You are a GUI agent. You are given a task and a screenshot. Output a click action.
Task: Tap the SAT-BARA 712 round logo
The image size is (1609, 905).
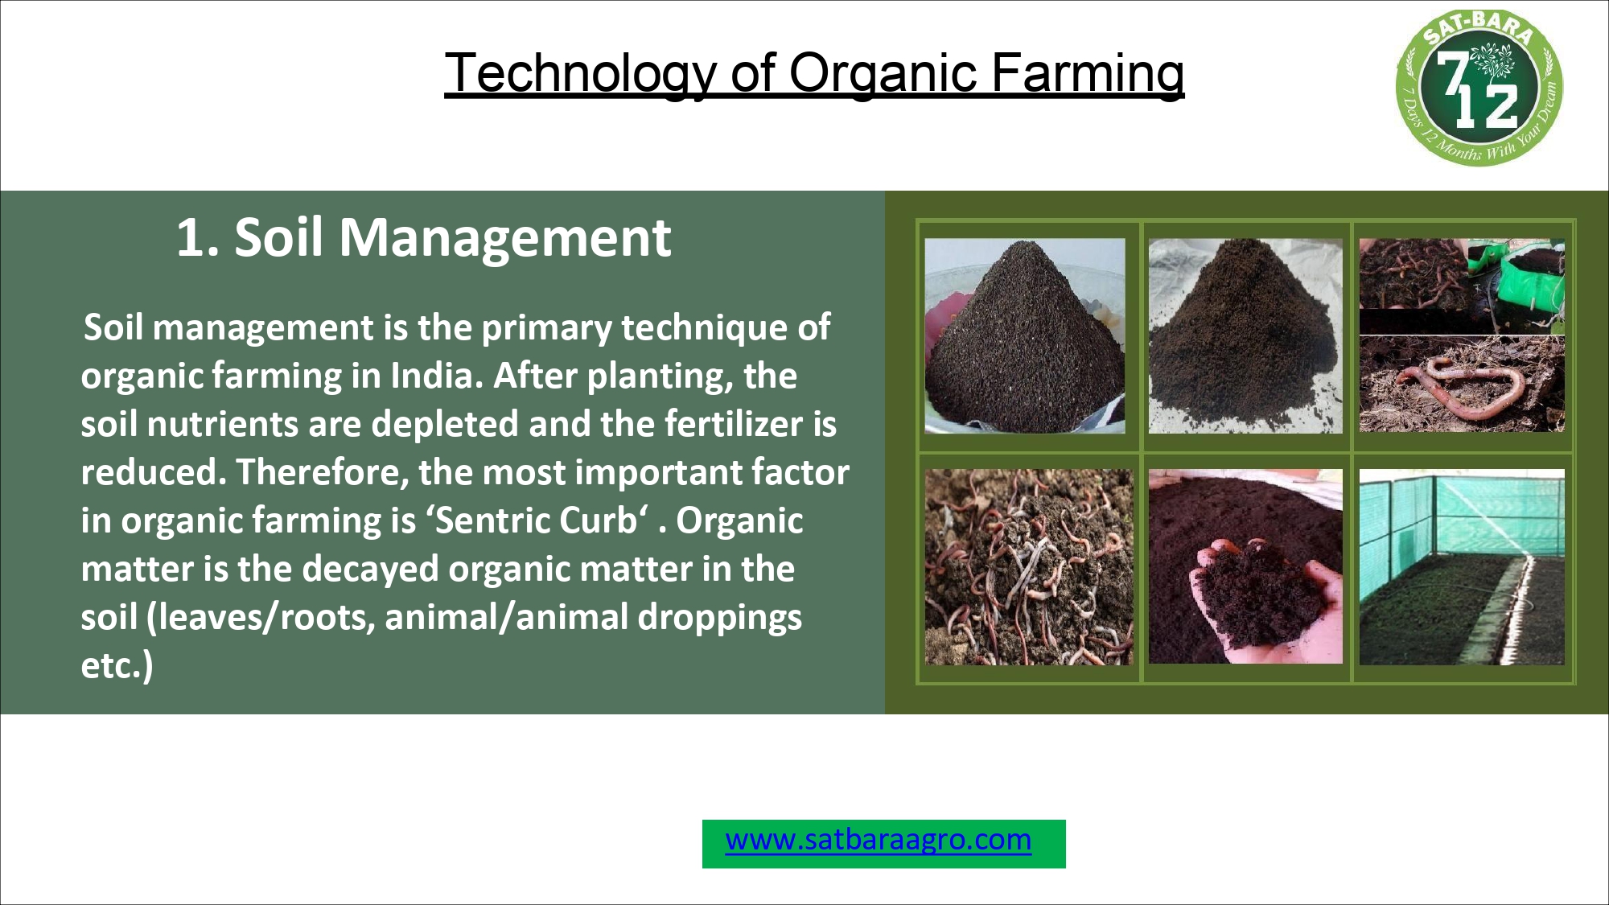1479,88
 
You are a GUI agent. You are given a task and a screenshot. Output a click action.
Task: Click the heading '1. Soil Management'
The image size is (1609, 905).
423,238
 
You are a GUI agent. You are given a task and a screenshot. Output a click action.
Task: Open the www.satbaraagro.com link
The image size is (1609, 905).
878,840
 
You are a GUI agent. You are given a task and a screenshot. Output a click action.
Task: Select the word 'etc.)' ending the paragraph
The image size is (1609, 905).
117,666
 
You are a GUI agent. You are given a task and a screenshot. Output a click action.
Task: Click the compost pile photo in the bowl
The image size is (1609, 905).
1024,335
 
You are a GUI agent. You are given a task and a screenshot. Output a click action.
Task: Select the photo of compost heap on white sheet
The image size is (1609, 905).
1245,335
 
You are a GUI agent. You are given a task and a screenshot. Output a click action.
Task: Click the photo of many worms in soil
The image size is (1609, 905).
1028,567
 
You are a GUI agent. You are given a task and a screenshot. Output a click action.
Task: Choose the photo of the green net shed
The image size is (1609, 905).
1462,567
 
